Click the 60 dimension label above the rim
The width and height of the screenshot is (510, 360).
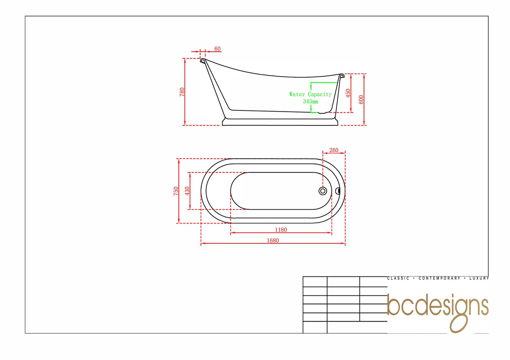pos(217,49)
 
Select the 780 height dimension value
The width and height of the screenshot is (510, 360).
pos(182,92)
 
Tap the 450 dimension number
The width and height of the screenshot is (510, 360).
pos(348,93)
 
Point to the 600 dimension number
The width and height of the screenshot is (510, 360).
pos(361,99)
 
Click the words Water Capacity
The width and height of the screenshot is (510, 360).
pos(310,94)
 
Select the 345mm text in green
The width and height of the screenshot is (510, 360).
pos(310,102)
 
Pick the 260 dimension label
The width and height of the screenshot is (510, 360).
pos(334,151)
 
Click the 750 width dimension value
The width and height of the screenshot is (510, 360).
pos(176,191)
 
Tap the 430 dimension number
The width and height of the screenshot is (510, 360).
pos(187,191)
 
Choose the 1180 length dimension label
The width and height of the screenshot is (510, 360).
pos(281,230)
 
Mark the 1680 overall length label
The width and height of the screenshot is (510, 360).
pos(272,240)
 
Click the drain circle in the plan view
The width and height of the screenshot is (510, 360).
pos(323,191)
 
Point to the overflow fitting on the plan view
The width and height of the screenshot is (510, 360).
pos(337,191)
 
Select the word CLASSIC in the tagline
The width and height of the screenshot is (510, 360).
pos(398,278)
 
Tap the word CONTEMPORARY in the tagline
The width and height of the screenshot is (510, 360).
pos(439,278)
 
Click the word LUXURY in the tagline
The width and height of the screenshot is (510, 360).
pos(479,278)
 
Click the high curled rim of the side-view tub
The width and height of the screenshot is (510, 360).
pos(203,61)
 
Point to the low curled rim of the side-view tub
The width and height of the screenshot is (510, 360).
pos(341,75)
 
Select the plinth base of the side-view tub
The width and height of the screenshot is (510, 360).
pos(280,122)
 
